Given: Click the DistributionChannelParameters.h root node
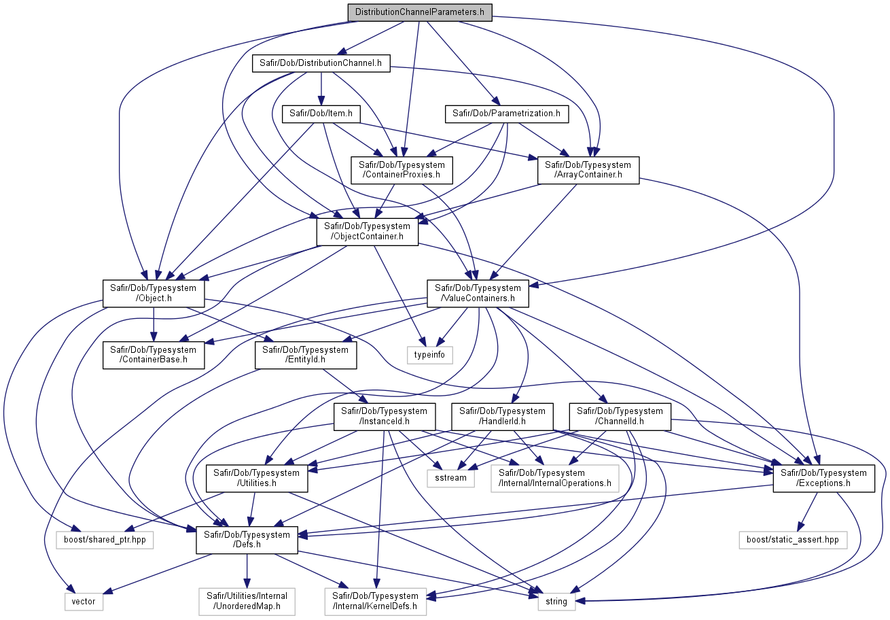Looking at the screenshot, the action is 420,12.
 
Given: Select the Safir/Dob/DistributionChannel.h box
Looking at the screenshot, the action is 321,63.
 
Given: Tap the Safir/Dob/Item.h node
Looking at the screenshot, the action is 321,114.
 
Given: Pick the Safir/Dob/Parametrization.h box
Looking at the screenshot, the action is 507,114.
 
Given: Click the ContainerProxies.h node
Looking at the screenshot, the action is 402,170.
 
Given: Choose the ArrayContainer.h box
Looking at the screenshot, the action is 588,170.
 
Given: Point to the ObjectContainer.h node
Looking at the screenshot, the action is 367,232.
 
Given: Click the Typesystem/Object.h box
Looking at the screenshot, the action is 154,294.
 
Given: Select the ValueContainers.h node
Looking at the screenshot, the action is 478,294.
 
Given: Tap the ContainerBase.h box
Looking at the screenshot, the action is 154,355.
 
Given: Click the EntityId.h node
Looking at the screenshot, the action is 306,355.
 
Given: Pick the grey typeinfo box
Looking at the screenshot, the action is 430,355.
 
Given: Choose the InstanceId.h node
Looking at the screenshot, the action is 385,417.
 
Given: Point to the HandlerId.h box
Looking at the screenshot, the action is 503,417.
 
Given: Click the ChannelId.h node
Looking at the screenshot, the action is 620,417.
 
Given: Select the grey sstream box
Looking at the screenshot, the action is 451,478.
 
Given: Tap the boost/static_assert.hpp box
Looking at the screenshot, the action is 793,540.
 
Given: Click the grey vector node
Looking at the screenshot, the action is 84,602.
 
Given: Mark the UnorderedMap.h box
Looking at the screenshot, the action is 247,602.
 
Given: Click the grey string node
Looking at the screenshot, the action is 556,602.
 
